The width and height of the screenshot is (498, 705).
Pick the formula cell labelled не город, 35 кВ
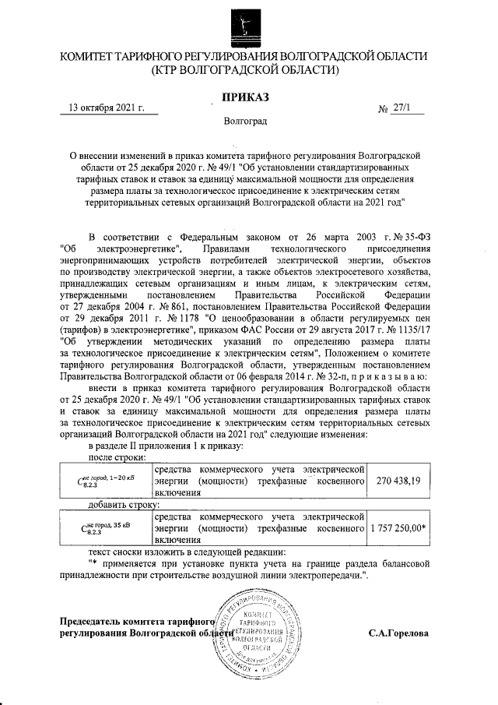point(106,527)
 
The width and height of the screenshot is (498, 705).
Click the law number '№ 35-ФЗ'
point(405,237)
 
